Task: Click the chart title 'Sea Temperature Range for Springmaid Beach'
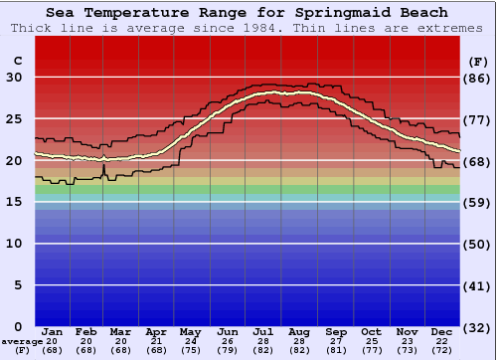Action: pos(247,12)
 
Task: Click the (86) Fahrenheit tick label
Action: pos(478,78)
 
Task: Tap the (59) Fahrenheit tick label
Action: pos(478,202)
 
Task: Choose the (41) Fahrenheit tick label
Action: pos(478,285)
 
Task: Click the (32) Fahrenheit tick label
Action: pos(478,327)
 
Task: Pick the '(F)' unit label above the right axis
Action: pos(478,61)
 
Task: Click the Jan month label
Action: pos(53,331)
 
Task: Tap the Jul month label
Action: pos(263,331)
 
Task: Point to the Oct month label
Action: pos(371,331)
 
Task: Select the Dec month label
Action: pos(442,331)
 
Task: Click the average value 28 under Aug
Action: pos(299,341)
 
